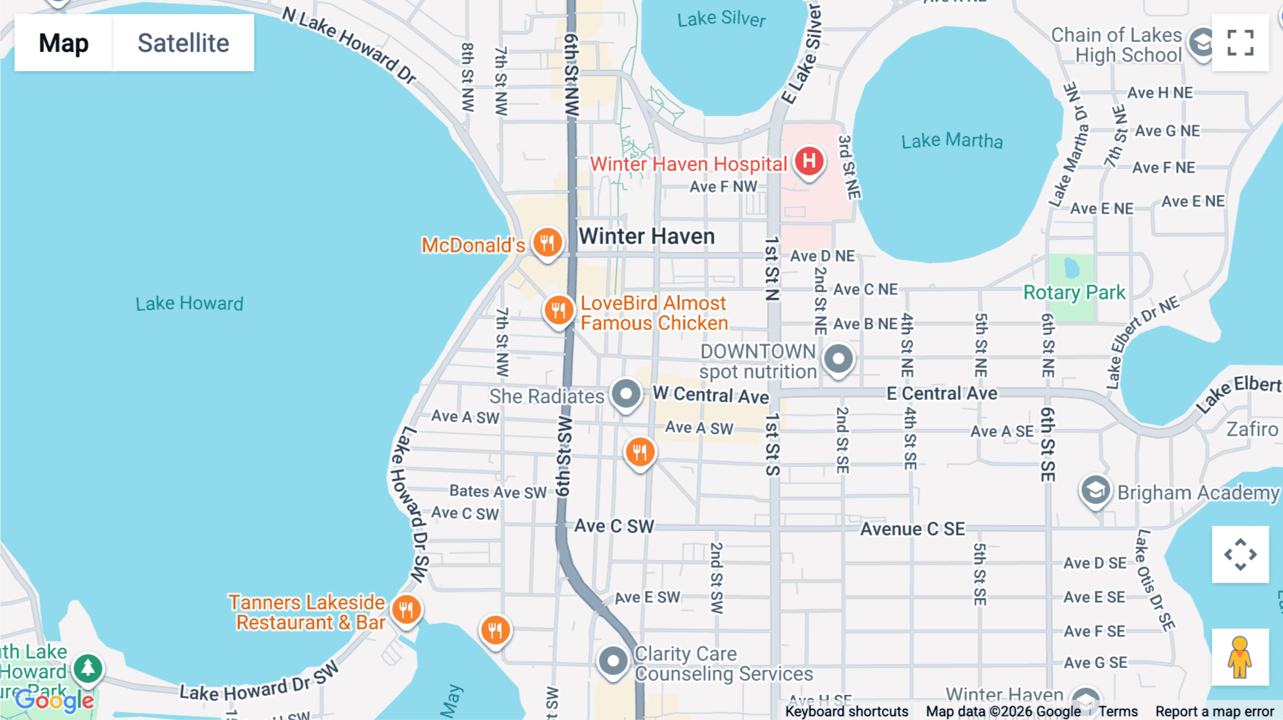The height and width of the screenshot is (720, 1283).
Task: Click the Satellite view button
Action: point(183,43)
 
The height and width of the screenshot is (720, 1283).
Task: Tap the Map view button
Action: point(63,43)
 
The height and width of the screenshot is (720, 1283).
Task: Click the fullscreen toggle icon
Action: point(1240,43)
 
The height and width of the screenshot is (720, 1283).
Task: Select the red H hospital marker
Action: point(809,161)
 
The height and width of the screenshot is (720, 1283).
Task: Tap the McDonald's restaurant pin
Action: point(547,243)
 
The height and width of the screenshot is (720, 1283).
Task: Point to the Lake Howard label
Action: point(190,304)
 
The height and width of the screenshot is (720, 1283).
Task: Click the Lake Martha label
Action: point(952,140)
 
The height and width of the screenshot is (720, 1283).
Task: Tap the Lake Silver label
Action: point(721,19)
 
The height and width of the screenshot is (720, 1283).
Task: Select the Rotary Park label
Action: point(1074,292)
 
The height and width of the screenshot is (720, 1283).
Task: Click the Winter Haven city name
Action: point(646,236)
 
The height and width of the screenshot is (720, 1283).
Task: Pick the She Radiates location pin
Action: point(626,394)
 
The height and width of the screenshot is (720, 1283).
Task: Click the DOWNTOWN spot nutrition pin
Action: point(838,359)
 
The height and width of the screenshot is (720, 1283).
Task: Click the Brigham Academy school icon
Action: point(1095,490)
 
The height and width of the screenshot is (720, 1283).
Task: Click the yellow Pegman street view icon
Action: point(1240,657)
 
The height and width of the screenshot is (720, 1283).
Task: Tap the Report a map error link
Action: point(1215,711)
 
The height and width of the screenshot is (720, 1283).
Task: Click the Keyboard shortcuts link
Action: point(846,711)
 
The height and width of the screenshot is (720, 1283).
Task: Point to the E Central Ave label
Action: point(942,394)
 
